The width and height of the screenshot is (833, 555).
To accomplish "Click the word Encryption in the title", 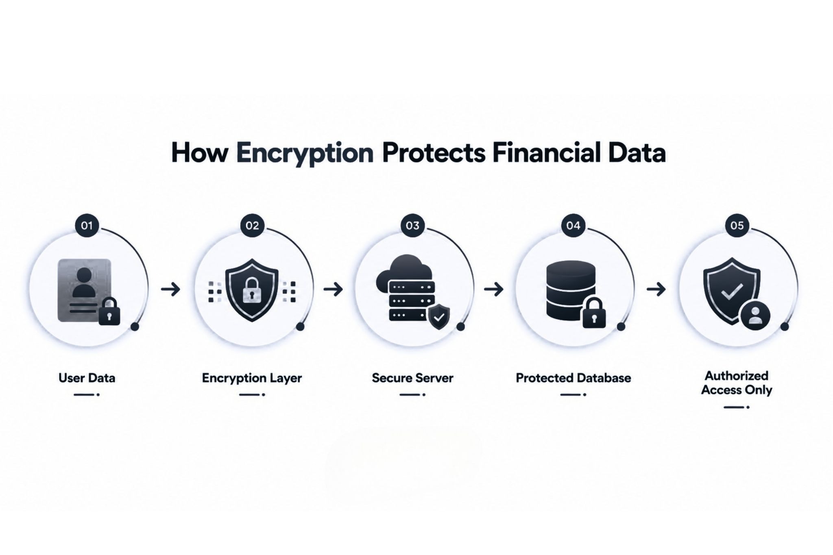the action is (305, 153).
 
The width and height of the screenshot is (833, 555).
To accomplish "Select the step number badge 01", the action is (87, 226).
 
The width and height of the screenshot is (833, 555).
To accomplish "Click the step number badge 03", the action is (412, 226).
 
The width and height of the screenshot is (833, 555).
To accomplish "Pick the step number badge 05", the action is (737, 226).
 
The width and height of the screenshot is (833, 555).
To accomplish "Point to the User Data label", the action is (87, 378).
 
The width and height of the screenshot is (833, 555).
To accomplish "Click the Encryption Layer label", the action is (252, 378).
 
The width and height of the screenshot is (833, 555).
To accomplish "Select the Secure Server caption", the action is (412, 378).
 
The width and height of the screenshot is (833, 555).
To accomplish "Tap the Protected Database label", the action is (574, 378).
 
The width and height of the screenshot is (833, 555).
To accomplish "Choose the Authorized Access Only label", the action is (737, 383).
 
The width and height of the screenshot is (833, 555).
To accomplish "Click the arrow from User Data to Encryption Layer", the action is (170, 289).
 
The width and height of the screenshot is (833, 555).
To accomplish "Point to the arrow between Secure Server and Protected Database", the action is (494, 289).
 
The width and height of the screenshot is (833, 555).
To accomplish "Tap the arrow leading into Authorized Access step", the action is (656, 289).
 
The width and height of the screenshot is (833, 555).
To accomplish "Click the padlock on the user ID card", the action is (109, 311).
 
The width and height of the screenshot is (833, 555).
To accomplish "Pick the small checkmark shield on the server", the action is (439, 317).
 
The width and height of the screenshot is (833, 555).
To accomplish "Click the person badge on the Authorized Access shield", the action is (755, 316).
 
